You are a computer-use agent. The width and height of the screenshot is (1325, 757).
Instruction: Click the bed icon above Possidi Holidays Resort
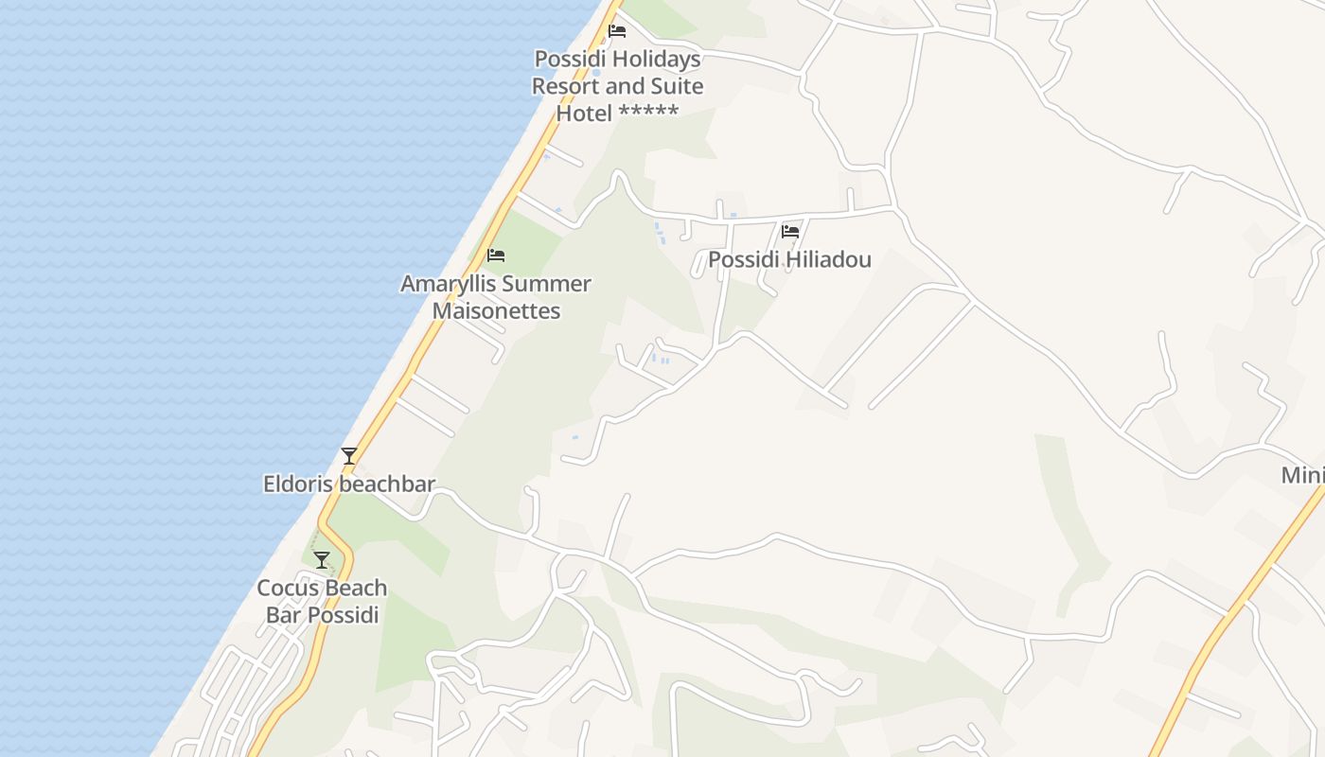(617, 30)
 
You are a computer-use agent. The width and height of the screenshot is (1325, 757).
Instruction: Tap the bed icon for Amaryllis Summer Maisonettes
(496, 255)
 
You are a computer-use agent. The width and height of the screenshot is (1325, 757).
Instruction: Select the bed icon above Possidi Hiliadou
(790, 231)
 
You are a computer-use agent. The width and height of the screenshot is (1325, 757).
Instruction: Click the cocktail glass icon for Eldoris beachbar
(349, 456)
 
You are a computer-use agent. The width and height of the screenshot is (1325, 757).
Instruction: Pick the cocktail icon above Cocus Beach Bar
(322, 560)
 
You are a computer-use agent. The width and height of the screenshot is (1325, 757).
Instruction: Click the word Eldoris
(298, 484)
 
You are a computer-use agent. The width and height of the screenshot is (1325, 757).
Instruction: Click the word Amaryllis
(449, 284)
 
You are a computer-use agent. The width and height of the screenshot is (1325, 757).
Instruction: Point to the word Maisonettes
(497, 310)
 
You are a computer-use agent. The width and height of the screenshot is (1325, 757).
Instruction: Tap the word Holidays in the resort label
(655, 60)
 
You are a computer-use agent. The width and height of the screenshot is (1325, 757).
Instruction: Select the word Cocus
(289, 589)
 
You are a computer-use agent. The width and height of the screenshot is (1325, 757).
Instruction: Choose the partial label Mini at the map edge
(1302, 475)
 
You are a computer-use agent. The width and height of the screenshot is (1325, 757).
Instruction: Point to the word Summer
(547, 284)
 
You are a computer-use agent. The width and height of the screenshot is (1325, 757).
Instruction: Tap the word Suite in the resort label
(675, 86)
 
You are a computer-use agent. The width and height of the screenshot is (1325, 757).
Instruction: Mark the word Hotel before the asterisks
(584, 114)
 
